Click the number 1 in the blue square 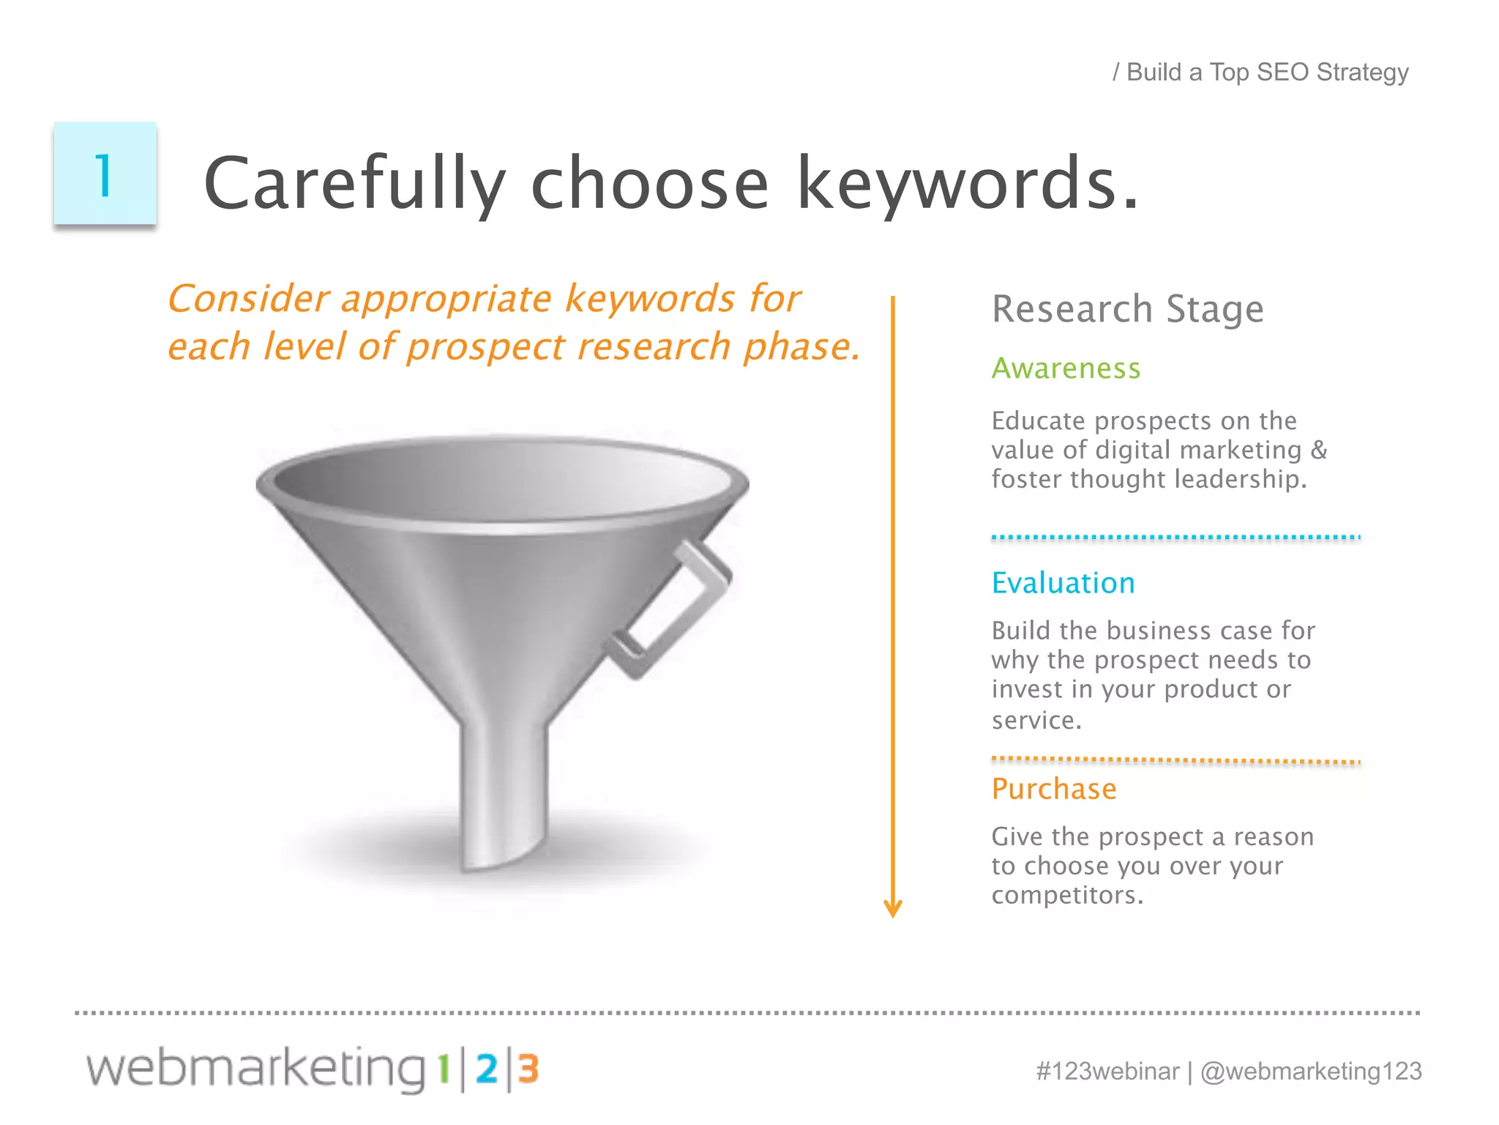(x=104, y=176)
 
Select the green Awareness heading (x=1066, y=368)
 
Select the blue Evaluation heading (x=1063, y=583)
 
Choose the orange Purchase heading (x=1054, y=789)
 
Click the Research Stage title (x=1127, y=308)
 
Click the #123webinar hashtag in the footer (x=1107, y=1071)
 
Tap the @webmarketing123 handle (x=1311, y=1071)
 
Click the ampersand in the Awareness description (x=1319, y=450)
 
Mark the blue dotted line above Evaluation (x=1175, y=538)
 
